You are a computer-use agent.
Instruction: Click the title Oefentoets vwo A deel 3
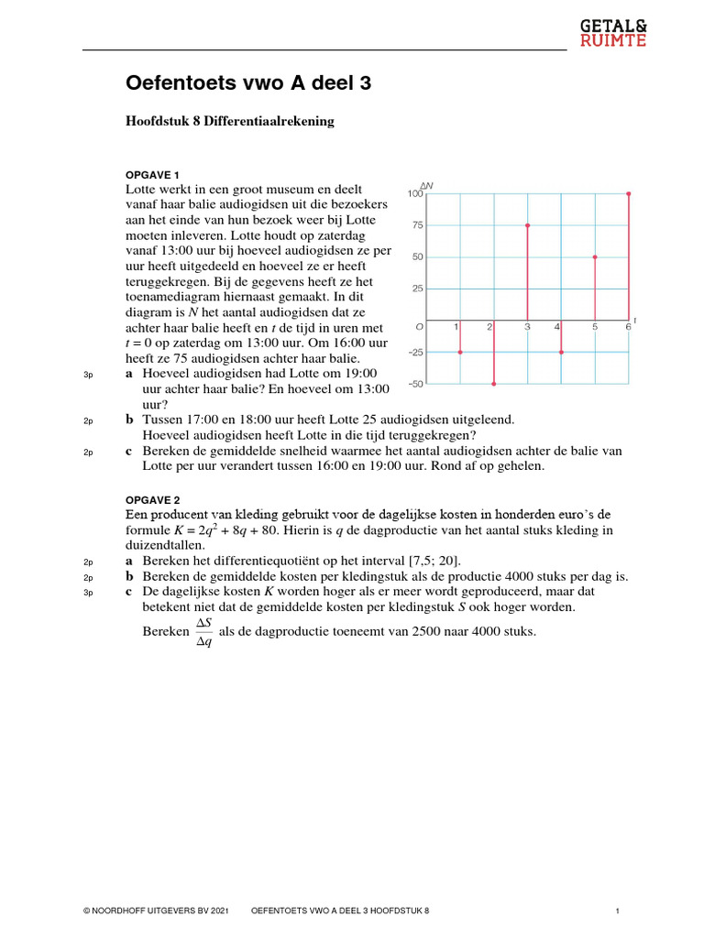tap(249, 84)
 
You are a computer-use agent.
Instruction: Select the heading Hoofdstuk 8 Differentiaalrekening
tap(230, 122)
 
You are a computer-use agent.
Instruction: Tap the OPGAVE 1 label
tap(152, 174)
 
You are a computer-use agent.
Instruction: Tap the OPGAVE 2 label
tap(152, 500)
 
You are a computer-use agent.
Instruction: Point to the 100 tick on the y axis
tap(416, 194)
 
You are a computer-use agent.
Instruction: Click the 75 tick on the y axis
tap(418, 225)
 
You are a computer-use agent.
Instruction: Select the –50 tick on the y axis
tap(416, 384)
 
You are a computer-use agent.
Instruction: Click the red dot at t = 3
tap(527, 224)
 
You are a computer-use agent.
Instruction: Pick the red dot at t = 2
tap(493, 384)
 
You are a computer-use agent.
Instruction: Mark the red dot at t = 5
tap(595, 257)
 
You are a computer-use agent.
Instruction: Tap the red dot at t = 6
tap(629, 193)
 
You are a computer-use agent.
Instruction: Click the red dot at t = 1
tap(459, 352)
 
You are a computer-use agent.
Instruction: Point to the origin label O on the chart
tap(419, 327)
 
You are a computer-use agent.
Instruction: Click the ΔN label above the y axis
tap(427, 186)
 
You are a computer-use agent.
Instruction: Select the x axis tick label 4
tap(557, 327)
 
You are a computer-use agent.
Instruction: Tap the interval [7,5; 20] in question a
tap(430, 561)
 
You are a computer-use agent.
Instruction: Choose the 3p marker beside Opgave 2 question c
tap(89, 593)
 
